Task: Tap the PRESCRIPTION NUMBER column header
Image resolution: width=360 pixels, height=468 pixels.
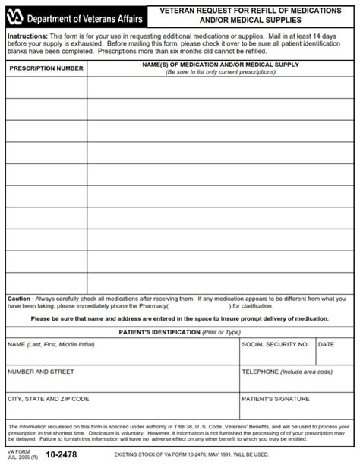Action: (x=46, y=68)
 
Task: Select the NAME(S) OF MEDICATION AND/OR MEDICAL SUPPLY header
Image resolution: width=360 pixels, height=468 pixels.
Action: (x=220, y=65)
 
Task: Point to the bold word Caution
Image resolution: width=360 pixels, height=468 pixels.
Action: (x=21, y=299)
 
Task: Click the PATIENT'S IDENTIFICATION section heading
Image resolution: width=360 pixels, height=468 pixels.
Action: (x=180, y=332)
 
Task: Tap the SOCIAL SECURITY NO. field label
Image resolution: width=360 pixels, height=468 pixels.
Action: (x=275, y=344)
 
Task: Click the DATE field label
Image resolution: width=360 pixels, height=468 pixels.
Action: (x=326, y=344)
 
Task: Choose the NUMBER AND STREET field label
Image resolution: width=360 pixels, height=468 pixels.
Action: (x=40, y=372)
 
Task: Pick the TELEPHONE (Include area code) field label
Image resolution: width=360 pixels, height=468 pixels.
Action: (x=287, y=372)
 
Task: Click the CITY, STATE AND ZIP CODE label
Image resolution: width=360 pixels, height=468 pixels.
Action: (x=48, y=398)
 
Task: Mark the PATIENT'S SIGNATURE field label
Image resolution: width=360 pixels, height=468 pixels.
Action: (x=276, y=398)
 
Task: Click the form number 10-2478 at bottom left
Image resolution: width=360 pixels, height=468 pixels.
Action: (x=60, y=455)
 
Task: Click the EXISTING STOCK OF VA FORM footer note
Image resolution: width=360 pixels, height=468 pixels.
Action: (x=191, y=455)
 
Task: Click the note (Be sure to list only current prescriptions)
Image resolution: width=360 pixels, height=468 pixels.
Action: (x=220, y=72)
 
